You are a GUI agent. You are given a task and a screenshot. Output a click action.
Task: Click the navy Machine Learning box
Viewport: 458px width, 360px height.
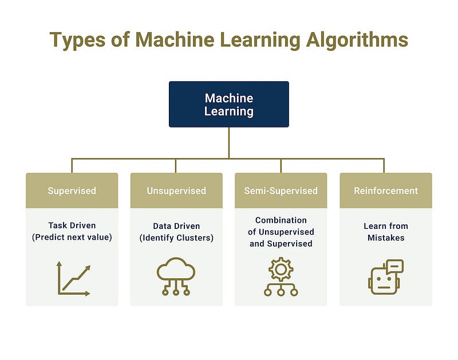coord(228,104)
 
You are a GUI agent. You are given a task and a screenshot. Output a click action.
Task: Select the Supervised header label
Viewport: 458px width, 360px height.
coord(72,191)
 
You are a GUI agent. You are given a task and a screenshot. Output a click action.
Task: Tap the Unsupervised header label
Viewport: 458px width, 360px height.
coord(176,191)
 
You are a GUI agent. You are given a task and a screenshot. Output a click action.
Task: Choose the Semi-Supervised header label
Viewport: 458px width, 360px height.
coord(281,191)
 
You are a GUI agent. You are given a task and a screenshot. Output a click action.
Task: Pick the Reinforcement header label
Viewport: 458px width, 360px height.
coord(385,191)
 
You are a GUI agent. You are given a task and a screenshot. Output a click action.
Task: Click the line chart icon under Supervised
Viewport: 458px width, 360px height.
coord(73,278)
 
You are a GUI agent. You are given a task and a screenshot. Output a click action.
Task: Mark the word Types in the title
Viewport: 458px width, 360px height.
coord(77,39)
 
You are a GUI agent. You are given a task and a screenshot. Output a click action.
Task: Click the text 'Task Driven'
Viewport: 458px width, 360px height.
coord(72,226)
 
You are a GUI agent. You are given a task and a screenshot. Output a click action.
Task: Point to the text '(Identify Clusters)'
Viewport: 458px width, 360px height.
coord(176,238)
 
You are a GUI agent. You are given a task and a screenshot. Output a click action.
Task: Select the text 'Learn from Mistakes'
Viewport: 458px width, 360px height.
coord(385,232)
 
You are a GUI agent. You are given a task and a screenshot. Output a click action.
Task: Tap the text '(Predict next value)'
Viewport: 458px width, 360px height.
coord(72,238)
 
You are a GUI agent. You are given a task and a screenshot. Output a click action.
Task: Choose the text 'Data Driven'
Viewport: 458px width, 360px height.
coord(176,226)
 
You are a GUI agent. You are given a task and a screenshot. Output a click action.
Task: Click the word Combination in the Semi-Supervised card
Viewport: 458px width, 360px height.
coord(281,220)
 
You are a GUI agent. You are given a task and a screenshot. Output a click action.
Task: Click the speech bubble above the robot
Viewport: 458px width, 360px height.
coord(395,266)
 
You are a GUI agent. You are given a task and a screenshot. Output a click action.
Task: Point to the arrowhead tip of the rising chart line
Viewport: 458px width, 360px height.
coord(89,267)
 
